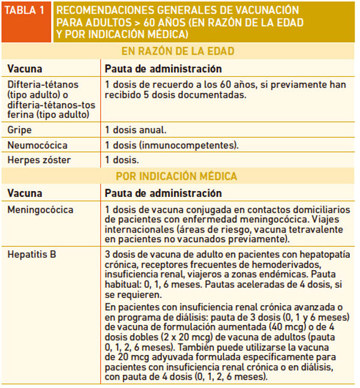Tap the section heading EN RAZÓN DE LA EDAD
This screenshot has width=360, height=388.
click(178, 51)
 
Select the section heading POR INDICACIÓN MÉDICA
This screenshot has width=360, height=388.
click(178, 177)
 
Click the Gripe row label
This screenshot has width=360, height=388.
click(19, 130)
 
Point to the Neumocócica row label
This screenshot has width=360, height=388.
click(37, 145)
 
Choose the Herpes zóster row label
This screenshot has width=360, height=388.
click(39, 160)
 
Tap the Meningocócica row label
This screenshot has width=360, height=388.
click(40, 210)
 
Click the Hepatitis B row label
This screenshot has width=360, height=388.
click(32, 255)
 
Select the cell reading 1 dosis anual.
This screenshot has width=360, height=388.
click(136, 130)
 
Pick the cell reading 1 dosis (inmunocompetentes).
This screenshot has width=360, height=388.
click(172, 145)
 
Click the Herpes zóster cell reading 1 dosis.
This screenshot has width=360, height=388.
click(122, 160)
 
